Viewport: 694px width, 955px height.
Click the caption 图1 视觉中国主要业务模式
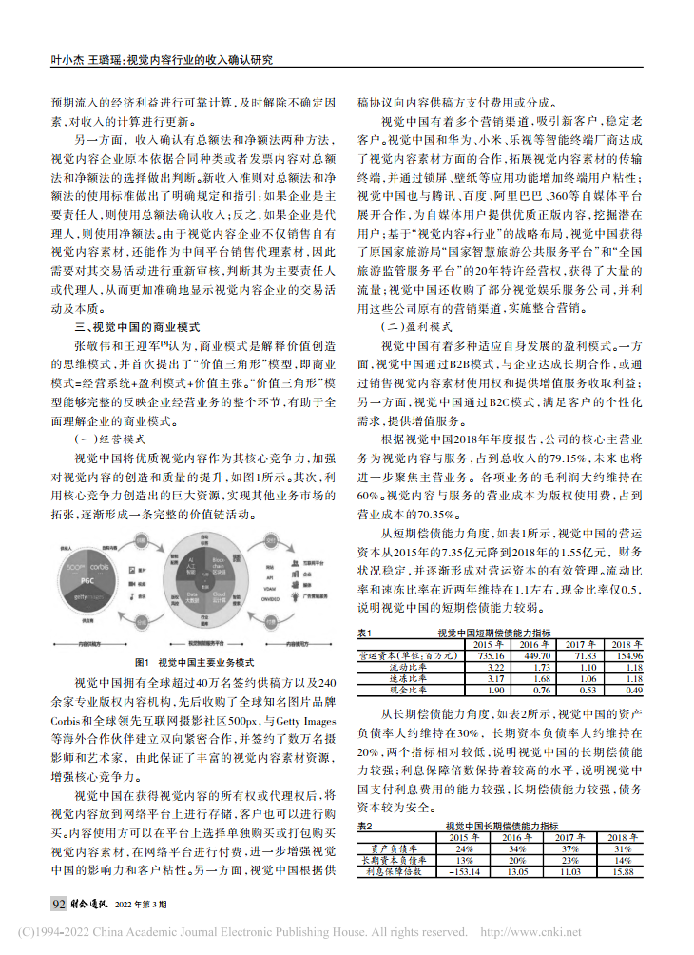[x=194, y=662]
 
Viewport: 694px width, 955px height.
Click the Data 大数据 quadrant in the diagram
[x=190, y=594]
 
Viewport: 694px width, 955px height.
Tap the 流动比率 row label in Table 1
[x=409, y=668]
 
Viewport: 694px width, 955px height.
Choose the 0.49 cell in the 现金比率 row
[x=628, y=691]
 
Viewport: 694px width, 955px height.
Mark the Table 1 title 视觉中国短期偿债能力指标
[x=494, y=633]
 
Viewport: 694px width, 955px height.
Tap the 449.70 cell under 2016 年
[x=535, y=656]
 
